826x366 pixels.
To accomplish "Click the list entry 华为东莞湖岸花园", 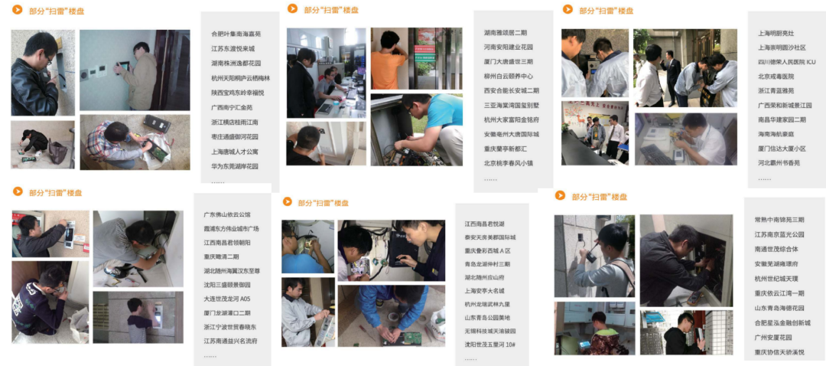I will point(235,166).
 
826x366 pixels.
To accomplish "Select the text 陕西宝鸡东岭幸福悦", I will point(237,93).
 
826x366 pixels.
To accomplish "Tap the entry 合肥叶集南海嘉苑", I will point(236,34).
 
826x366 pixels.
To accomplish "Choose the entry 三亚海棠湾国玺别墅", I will point(511,105).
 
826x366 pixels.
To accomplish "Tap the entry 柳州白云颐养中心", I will point(509,77).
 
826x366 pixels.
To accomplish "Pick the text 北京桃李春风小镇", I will point(511,163).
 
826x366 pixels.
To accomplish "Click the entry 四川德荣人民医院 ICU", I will point(786,62).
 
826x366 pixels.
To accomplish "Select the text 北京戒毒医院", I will point(776,77).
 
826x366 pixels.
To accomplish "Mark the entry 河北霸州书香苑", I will point(779,163).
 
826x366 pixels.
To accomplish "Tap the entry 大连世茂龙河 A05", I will point(226,299).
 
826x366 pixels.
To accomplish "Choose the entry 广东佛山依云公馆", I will point(226,214).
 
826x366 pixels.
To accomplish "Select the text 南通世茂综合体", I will point(776,249).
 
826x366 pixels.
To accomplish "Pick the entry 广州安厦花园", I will point(776,337).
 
